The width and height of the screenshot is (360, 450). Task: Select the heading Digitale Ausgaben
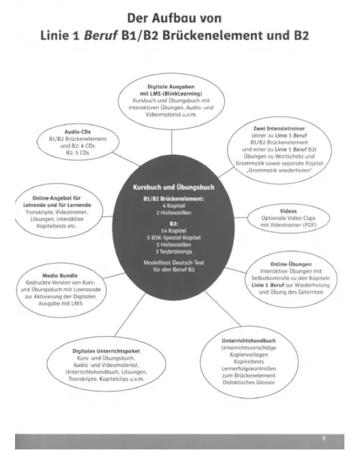pyautogui.click(x=171, y=86)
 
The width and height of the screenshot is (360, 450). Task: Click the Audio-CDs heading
pyautogui.click(x=77, y=132)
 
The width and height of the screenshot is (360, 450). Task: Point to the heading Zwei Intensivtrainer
pyautogui.click(x=279, y=128)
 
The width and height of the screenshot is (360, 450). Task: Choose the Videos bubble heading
pyautogui.click(x=288, y=211)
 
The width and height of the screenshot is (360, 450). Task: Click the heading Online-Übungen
pyautogui.click(x=291, y=264)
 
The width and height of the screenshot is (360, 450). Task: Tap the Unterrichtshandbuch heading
pyautogui.click(x=248, y=341)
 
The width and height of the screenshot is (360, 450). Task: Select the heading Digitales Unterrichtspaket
pyautogui.click(x=106, y=351)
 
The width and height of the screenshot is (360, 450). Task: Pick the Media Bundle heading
pyautogui.click(x=60, y=275)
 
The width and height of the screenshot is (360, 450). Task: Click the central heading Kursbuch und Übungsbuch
pyautogui.click(x=173, y=187)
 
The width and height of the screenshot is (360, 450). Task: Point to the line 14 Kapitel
pyautogui.click(x=173, y=231)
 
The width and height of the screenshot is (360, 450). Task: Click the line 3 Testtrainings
pyautogui.click(x=173, y=251)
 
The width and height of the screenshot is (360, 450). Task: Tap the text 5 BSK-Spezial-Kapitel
pyautogui.click(x=173, y=238)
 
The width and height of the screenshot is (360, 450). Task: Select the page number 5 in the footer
pyautogui.click(x=324, y=438)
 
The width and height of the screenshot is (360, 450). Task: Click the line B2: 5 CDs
pyautogui.click(x=77, y=153)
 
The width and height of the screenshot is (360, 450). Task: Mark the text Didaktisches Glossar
pyautogui.click(x=248, y=382)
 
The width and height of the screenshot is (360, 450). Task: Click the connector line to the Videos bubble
pyautogui.click(x=241, y=218)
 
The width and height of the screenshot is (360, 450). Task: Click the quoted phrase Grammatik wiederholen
pyautogui.click(x=279, y=170)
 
